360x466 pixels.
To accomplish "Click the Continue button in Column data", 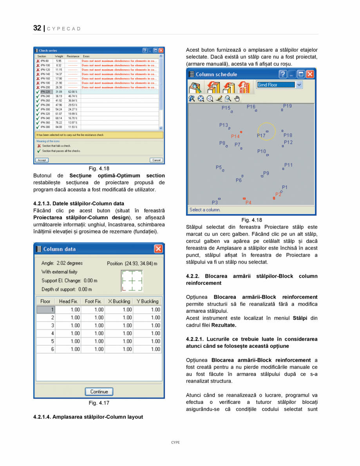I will [x=99, y=392].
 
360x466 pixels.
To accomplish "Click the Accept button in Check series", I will [x=42, y=160].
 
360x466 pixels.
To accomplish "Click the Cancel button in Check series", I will [x=156, y=160].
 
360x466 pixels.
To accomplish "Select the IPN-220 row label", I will [x=45, y=92].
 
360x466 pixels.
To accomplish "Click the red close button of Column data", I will [x=158, y=249].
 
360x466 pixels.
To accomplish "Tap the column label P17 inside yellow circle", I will [x=261, y=135].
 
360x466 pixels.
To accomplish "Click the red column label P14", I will [x=235, y=136].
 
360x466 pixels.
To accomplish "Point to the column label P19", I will [x=288, y=106].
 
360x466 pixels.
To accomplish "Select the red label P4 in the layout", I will [x=248, y=202].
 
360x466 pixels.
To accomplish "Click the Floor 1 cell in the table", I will [x=46, y=309].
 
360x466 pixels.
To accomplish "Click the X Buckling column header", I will [x=119, y=301].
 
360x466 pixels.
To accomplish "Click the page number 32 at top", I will [x=37, y=28].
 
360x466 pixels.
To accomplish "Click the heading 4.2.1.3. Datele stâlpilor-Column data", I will [x=79, y=204].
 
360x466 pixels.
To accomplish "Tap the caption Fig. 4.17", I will [x=99, y=403].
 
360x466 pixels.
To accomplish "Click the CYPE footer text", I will [x=175, y=443].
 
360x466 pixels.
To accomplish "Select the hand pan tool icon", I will [x=237, y=99].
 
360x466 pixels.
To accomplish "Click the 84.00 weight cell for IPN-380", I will [x=59, y=127].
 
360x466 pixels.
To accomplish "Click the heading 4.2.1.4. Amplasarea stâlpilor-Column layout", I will [x=88, y=417].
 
